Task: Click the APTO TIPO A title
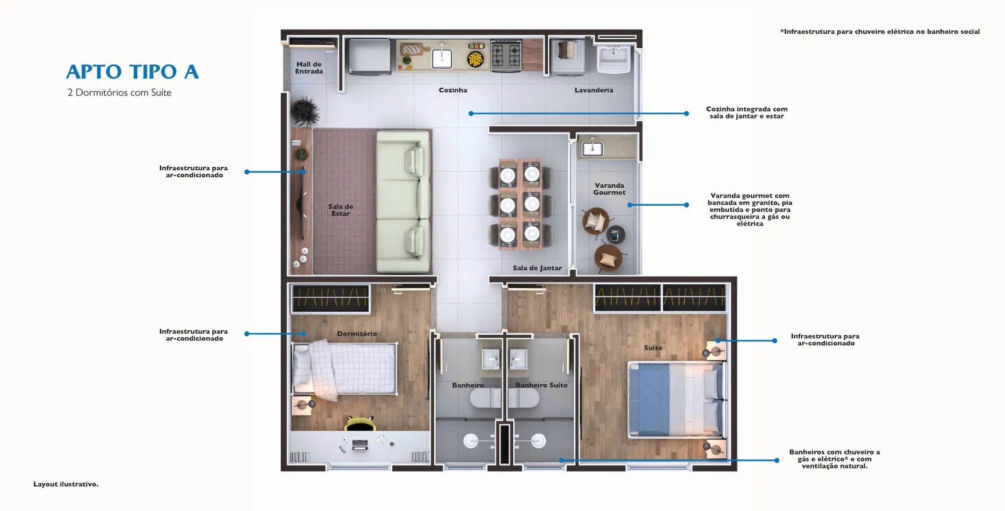[133, 72]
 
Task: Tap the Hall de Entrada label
[309, 68]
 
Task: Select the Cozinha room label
[453, 90]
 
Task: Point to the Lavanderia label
[593, 90]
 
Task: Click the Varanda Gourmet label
[609, 189]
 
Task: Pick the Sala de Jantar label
[537, 268]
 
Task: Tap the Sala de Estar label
[341, 210]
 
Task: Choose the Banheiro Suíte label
[541, 385]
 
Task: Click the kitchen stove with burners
[506, 56]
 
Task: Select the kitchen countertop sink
[442, 58]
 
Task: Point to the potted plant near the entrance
[305, 111]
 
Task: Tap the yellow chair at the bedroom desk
[360, 423]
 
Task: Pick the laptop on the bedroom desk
[360, 445]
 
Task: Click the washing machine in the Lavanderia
[567, 56]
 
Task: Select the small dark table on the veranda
[616, 235]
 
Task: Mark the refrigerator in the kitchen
[370, 56]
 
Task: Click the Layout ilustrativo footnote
[66, 484]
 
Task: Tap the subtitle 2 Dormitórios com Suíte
[119, 93]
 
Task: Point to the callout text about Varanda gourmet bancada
[750, 210]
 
